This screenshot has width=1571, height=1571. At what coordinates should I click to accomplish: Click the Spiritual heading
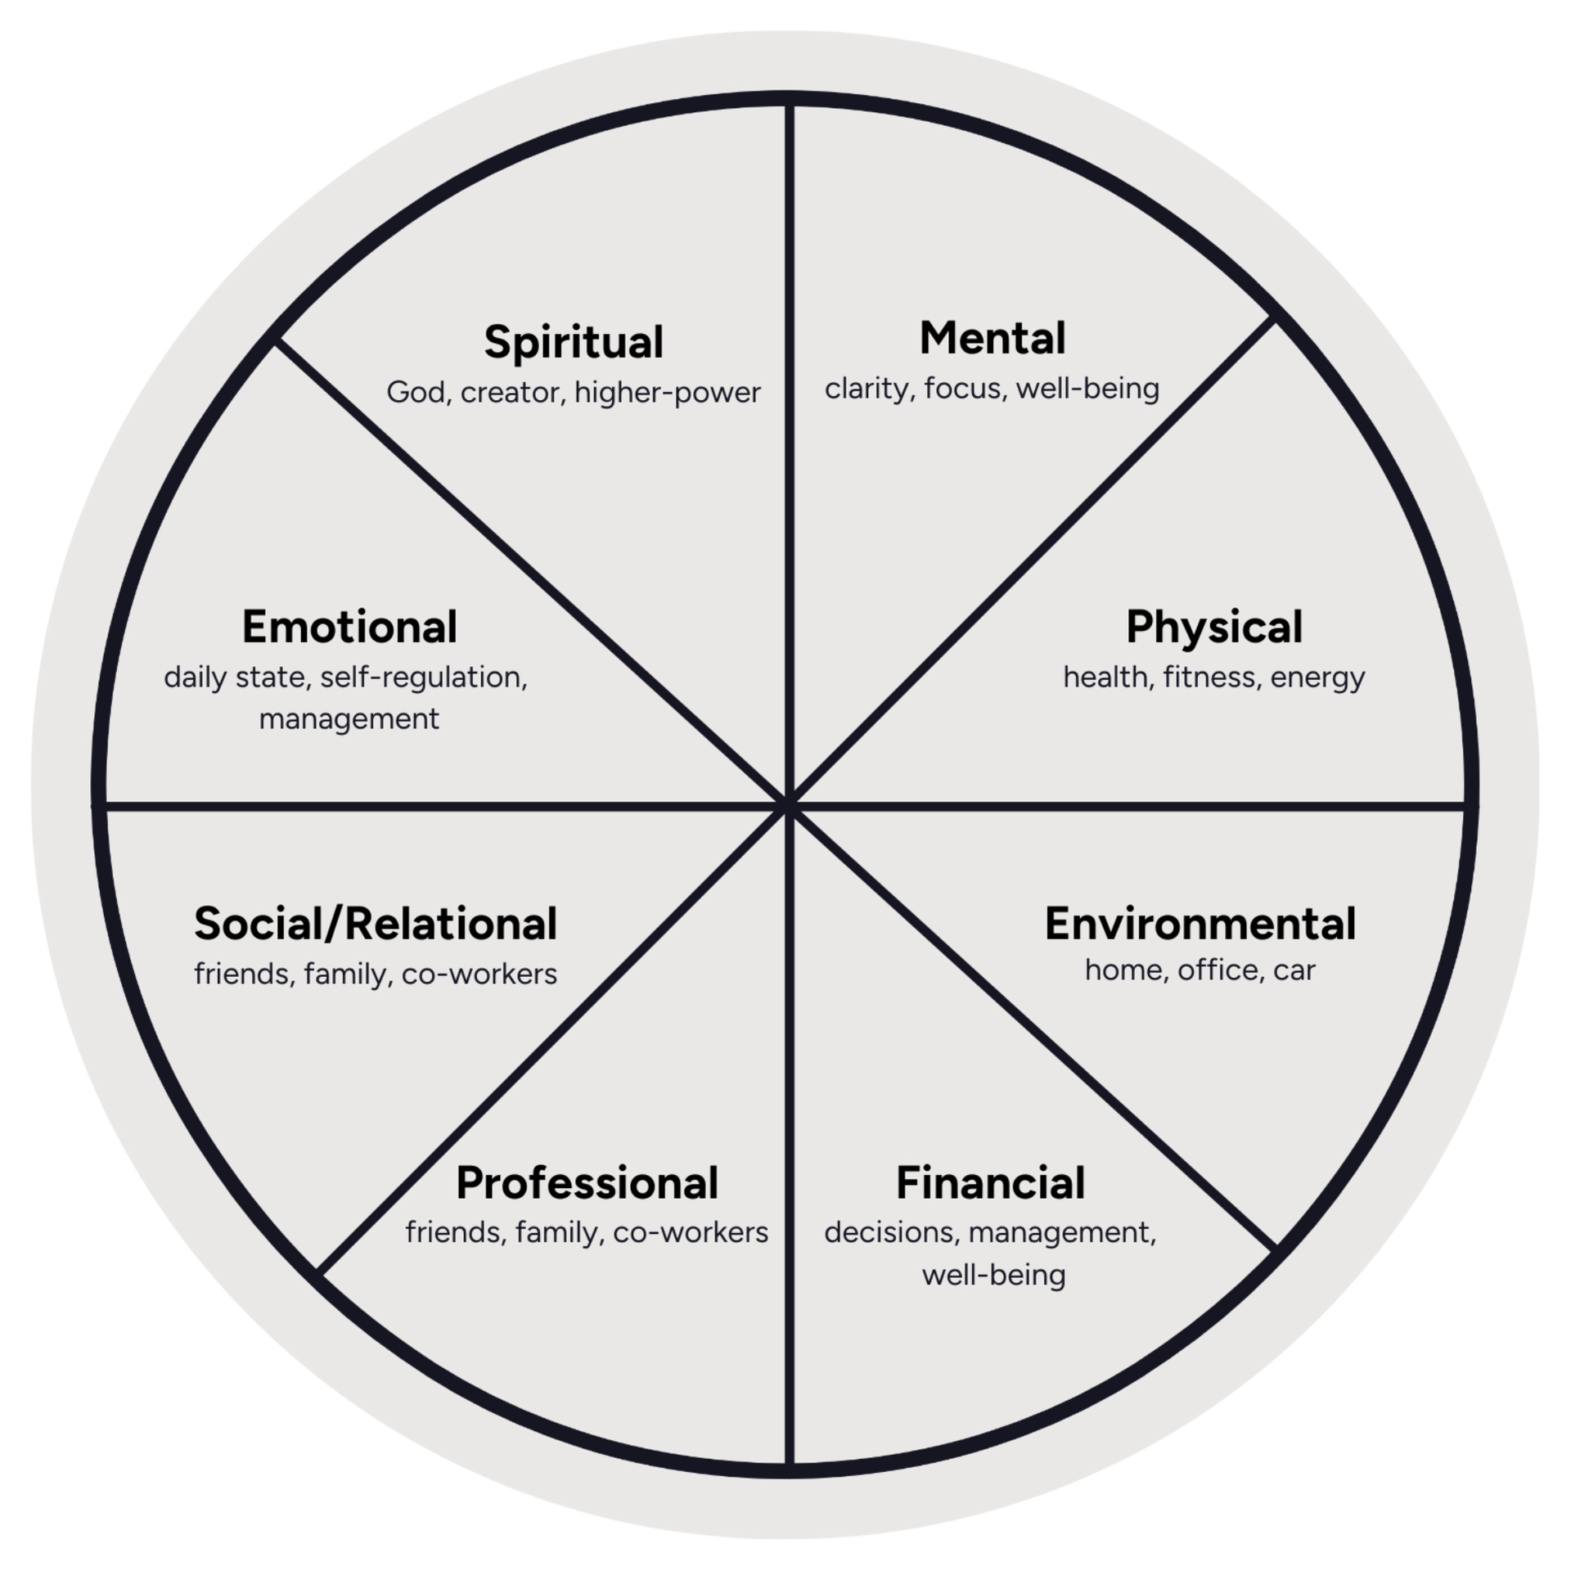point(574,342)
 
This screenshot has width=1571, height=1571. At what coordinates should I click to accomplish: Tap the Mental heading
point(993,338)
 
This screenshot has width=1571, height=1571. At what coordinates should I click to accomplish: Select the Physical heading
point(1214,628)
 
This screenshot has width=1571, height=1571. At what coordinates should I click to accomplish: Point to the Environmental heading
point(1200,924)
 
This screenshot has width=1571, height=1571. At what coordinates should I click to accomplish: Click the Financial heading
point(991,1183)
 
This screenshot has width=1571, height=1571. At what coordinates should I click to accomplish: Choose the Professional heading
point(587,1183)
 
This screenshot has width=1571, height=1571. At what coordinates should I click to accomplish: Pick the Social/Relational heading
point(376,924)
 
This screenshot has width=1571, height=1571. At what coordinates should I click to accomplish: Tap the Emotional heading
point(349,628)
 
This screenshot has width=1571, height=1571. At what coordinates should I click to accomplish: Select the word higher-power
point(668,393)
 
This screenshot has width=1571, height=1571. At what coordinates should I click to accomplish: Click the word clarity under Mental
point(869,389)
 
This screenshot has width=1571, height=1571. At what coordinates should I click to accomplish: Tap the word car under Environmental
point(1294,970)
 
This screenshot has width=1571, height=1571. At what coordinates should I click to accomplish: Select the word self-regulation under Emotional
point(423,677)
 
